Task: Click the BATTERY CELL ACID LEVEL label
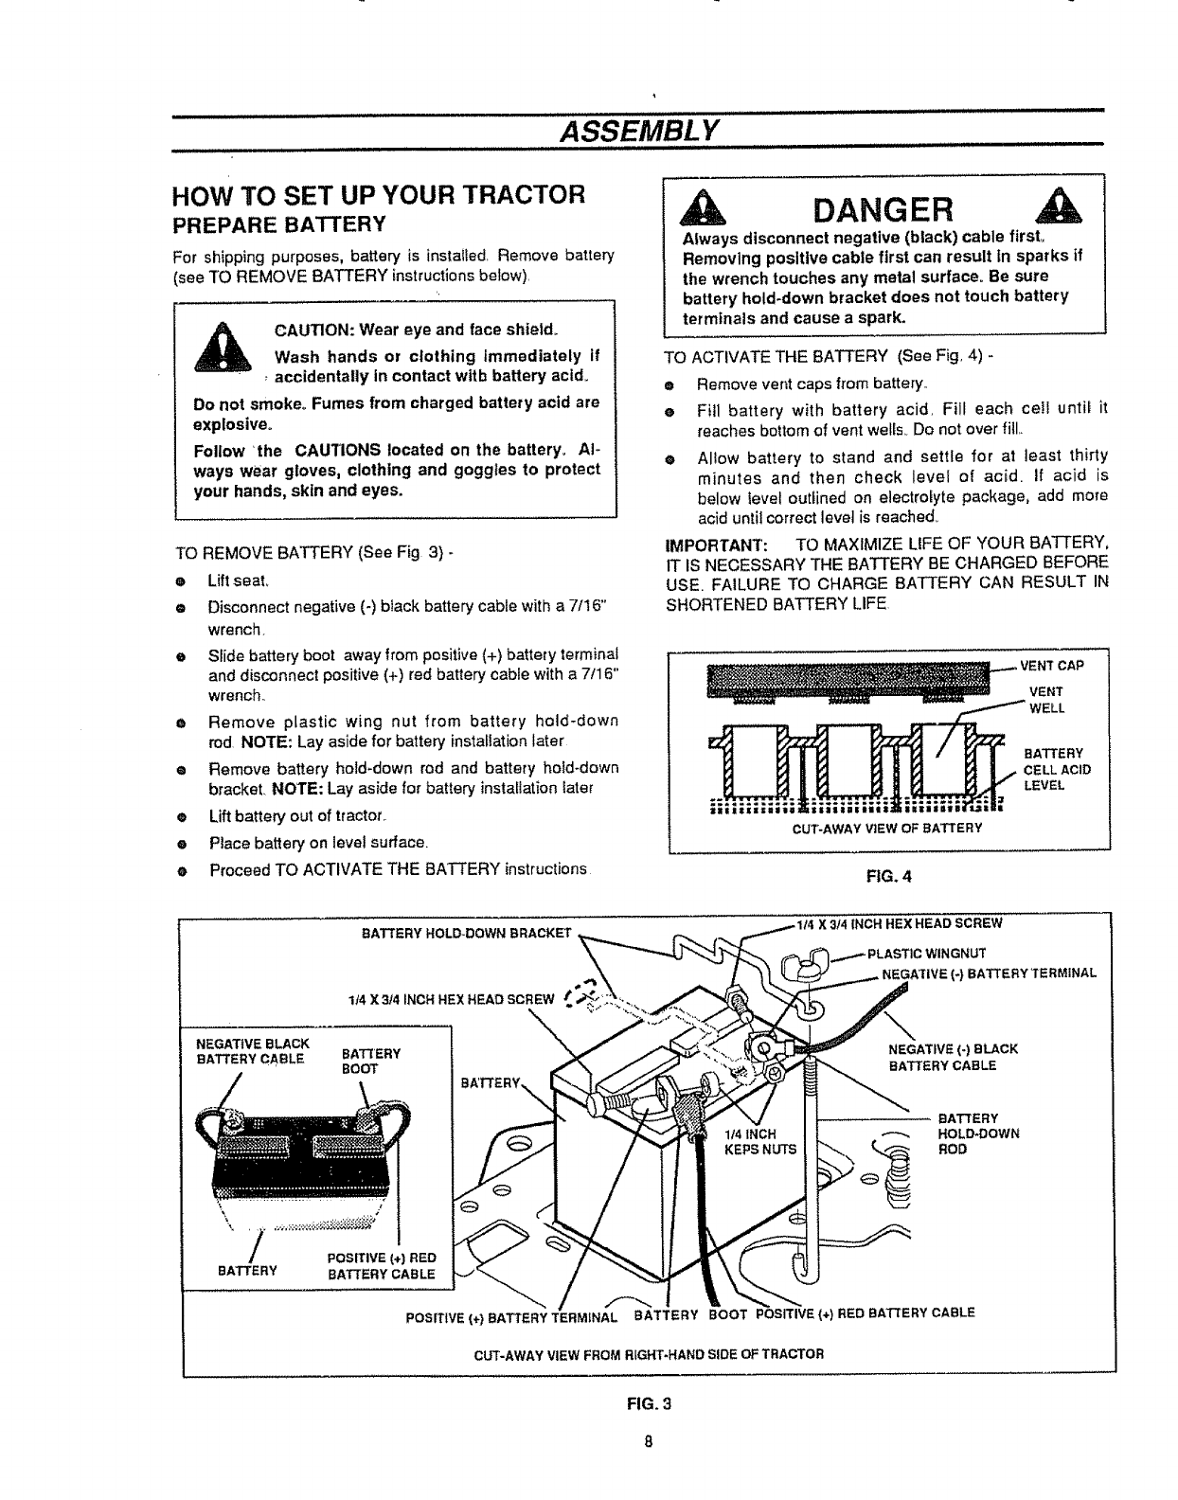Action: tap(1056, 769)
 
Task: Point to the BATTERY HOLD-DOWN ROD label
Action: tap(977, 1134)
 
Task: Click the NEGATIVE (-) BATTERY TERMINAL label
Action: tap(988, 973)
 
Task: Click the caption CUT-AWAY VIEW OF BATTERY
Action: tap(886, 828)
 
